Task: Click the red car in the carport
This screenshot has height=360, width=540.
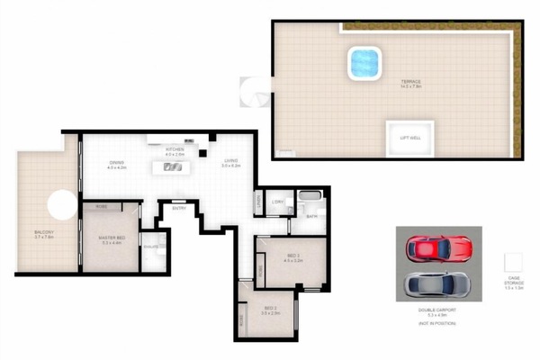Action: pos(438,247)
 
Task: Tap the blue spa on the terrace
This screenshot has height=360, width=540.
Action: pos(364,63)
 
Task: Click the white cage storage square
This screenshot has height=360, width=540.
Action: pos(514,265)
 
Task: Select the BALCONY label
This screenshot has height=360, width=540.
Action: pos(44,233)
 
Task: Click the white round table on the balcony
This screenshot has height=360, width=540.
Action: pos(62,205)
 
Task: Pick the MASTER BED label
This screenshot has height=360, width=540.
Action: pos(112,239)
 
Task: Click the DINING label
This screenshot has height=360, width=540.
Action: pos(116,164)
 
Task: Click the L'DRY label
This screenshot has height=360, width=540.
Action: pos(277,202)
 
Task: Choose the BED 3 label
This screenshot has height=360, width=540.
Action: pos(293,257)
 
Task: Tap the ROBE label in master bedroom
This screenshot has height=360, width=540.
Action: pos(103,206)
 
